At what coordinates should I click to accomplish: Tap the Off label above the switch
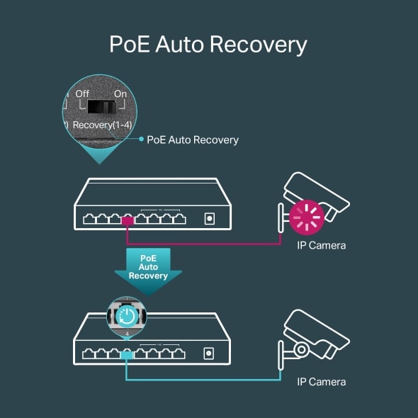83,93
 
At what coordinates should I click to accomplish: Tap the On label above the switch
120,93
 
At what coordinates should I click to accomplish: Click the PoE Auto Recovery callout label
192,140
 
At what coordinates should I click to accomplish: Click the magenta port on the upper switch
128,220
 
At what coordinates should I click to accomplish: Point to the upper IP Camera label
321,246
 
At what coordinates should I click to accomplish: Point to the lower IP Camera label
321,382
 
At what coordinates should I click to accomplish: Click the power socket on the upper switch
209,219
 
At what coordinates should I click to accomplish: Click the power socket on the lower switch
209,352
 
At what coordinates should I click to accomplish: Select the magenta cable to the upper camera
213,245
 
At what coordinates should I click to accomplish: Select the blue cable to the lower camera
213,380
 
